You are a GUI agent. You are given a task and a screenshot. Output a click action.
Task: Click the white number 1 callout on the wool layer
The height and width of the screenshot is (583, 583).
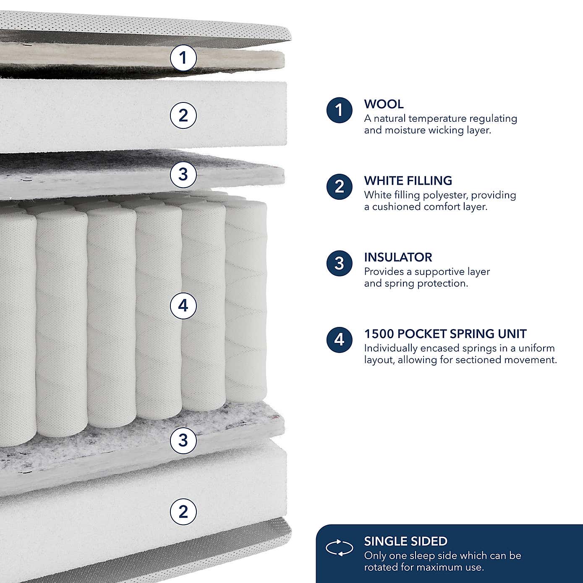click(x=183, y=58)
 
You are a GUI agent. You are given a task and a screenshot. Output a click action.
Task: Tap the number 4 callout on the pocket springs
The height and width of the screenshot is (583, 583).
click(x=183, y=306)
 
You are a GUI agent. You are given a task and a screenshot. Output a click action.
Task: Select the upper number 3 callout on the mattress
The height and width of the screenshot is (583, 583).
click(x=183, y=174)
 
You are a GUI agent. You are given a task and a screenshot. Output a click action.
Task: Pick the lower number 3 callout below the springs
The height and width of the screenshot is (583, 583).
click(x=183, y=440)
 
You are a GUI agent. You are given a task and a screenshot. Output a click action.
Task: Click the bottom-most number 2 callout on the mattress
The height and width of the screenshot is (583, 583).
click(x=183, y=512)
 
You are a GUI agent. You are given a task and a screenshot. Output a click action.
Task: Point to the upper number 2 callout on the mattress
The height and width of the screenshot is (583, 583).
click(x=183, y=115)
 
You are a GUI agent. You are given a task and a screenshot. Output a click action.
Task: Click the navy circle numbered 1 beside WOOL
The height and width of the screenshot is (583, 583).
click(x=339, y=110)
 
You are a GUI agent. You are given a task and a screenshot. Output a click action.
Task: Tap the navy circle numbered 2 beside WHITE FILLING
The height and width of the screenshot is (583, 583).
click(x=339, y=187)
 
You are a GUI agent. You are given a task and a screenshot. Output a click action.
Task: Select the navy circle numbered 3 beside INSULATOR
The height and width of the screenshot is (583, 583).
click(x=339, y=264)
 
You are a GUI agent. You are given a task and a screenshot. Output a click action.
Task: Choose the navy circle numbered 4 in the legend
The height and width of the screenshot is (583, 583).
click(x=339, y=340)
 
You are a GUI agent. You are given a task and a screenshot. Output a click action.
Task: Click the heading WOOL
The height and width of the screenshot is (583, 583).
click(x=384, y=104)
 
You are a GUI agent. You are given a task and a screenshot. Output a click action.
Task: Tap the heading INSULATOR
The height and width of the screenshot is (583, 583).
click(x=398, y=257)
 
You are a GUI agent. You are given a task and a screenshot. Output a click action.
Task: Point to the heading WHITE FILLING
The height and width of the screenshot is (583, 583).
click(x=408, y=181)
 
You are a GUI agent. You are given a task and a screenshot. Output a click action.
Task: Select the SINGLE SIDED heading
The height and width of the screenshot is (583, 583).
click(x=405, y=541)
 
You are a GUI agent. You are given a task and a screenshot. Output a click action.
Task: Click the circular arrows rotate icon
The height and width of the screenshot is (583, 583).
click(x=340, y=548)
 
